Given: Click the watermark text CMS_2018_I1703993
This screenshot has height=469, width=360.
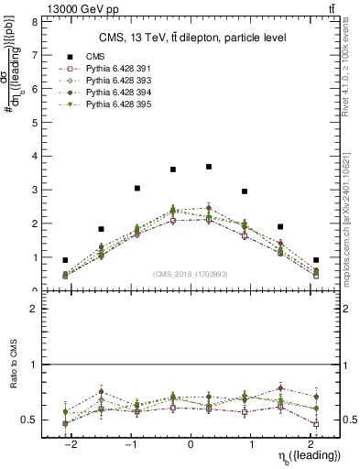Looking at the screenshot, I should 191,274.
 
